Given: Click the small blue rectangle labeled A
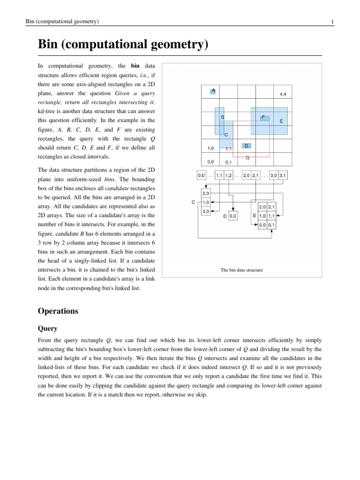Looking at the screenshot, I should click(213, 90).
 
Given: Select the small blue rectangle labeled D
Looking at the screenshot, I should click(247, 146).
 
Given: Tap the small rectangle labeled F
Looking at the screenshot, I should click(264, 117).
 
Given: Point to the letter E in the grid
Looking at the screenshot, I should click(281, 121).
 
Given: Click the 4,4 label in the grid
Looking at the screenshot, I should click(283, 94).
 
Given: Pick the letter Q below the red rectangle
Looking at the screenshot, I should click(247, 157).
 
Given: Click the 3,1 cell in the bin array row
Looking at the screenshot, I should click(283, 176).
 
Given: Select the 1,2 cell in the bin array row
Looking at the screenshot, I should click(228, 176).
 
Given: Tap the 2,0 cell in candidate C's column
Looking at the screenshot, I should click(205, 194).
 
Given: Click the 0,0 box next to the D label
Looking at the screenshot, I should click(233, 216).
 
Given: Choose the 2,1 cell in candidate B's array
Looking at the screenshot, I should click(271, 207).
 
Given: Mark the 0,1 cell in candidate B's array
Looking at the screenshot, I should click(271, 225).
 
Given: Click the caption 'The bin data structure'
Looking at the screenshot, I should click(241, 270).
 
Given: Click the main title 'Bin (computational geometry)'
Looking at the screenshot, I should click(123, 45).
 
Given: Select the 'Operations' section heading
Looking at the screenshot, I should click(58, 311).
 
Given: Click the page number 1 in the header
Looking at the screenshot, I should click(332, 22).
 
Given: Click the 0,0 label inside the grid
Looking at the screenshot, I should click(210, 161).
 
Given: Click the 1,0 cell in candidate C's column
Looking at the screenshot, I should click(205, 202).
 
